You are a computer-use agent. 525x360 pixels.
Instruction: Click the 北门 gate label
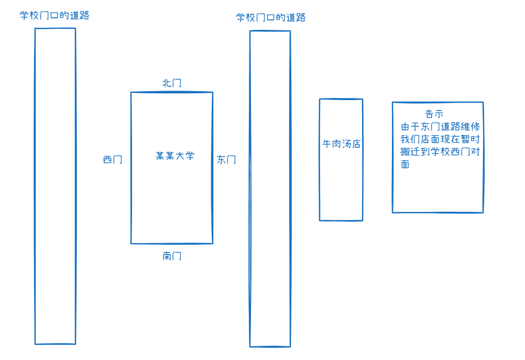point(172,83)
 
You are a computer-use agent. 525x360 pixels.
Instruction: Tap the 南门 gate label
point(172,256)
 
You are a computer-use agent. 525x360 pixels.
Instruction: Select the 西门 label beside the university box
point(113,160)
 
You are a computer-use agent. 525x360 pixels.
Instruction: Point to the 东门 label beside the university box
point(226,160)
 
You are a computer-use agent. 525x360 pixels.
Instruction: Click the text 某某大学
point(175,156)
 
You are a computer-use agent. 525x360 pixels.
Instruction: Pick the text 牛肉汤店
point(341,144)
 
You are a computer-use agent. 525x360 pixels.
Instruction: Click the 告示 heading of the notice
point(434,114)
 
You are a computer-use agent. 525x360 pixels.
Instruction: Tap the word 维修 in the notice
point(470,127)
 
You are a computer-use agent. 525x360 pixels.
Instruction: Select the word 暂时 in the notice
point(470,139)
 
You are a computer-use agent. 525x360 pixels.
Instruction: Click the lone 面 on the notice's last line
point(405,164)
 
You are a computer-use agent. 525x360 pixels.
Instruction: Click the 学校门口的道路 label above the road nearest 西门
point(54,16)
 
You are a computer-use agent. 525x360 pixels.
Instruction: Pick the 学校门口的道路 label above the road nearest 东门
point(271,18)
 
